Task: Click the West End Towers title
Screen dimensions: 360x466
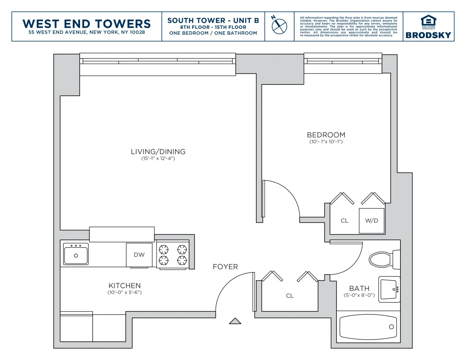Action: (x=87, y=24)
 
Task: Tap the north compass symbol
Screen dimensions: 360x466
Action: (x=279, y=26)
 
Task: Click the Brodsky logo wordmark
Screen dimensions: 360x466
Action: (x=428, y=35)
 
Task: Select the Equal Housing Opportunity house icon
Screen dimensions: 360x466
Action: (x=428, y=21)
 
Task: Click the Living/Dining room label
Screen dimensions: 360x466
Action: (x=158, y=152)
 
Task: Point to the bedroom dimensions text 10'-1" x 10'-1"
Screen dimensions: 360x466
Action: (x=326, y=142)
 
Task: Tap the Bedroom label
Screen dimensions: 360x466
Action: (x=326, y=135)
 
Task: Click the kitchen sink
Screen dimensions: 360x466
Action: (x=76, y=254)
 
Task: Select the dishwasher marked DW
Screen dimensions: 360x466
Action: (x=139, y=255)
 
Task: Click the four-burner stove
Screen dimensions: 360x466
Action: (x=173, y=255)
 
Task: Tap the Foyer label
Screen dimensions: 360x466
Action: (x=225, y=267)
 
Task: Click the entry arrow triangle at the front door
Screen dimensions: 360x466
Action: (x=235, y=321)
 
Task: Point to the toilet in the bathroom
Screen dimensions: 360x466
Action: (x=382, y=260)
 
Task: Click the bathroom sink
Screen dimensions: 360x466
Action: (x=389, y=290)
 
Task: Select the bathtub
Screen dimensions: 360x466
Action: (x=368, y=327)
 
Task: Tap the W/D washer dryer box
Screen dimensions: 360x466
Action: (x=372, y=221)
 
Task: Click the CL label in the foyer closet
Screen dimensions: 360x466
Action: (x=290, y=296)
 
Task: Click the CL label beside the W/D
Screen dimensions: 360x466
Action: (x=344, y=221)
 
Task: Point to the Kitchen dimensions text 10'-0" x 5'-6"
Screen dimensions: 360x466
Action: (x=125, y=292)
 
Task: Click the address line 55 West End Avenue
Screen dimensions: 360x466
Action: (x=87, y=32)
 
